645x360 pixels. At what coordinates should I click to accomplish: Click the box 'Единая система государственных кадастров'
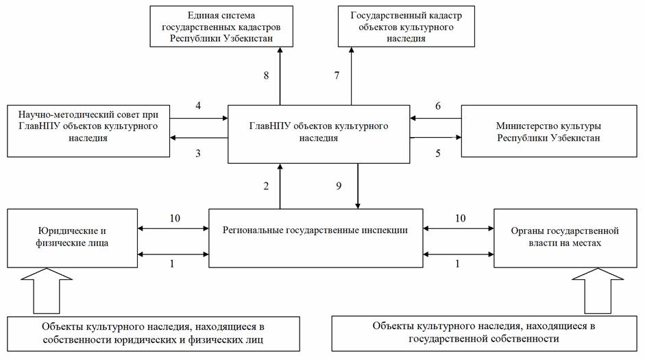(221, 26)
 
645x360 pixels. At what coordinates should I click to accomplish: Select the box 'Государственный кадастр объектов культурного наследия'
(406, 26)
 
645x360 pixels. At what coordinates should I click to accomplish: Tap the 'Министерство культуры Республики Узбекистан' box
(549, 131)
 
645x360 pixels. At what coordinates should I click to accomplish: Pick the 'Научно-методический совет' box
(88, 131)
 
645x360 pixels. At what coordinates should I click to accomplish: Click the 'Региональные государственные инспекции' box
(315, 238)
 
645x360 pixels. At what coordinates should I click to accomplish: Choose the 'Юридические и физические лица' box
(72, 238)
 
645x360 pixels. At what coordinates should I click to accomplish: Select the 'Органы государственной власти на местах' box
(565, 238)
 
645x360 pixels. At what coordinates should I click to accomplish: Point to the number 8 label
(266, 75)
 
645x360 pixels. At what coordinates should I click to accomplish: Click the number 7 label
(337, 75)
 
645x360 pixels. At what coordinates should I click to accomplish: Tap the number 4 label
(198, 106)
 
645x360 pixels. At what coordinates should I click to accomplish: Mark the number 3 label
(198, 154)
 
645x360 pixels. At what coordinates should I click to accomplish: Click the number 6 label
(438, 106)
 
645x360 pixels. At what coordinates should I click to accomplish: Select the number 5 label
(438, 154)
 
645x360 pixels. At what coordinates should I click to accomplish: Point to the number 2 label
(266, 186)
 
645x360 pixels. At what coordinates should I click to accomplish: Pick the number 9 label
(339, 186)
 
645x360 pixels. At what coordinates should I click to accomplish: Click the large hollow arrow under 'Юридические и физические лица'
(47, 291)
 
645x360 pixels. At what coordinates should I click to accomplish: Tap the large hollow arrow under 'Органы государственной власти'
(598, 291)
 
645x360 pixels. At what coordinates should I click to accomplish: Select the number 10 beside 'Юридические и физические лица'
(175, 218)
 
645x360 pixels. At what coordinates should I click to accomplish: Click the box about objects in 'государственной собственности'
(484, 333)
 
